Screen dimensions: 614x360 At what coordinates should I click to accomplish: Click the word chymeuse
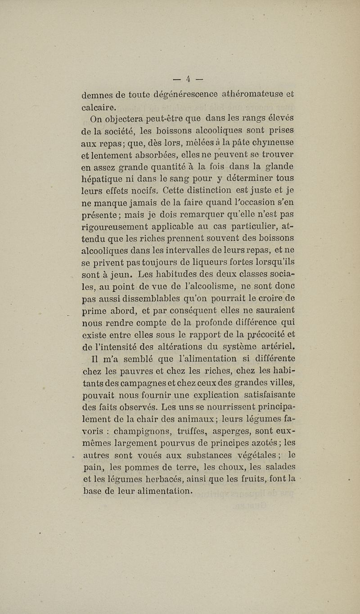coord(272,144)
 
